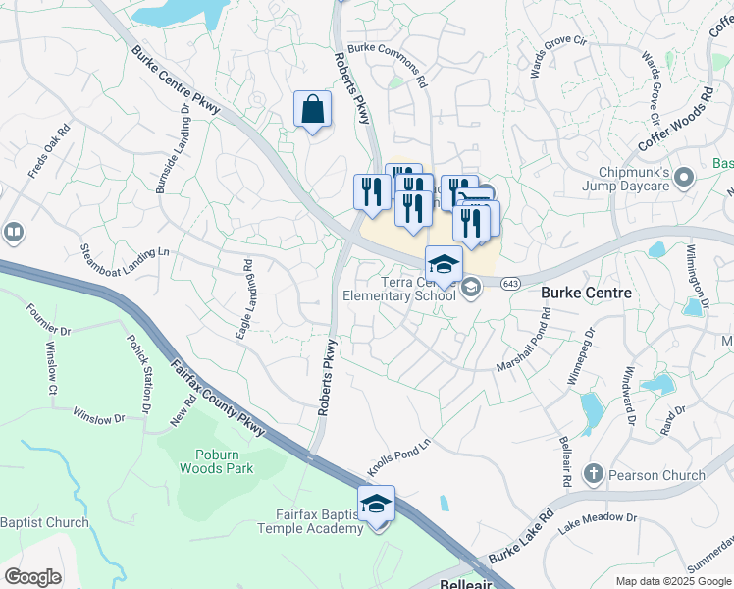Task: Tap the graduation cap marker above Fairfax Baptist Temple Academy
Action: [x=376, y=505]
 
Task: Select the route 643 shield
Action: [x=509, y=284]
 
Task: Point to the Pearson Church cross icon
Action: [x=592, y=475]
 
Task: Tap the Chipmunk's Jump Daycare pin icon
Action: [x=685, y=178]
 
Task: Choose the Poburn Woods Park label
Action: [x=216, y=461]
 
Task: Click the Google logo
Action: [x=32, y=577]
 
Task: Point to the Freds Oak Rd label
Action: [x=49, y=151]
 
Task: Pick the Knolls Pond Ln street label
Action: [x=398, y=455]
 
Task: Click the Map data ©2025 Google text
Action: [x=672, y=580]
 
